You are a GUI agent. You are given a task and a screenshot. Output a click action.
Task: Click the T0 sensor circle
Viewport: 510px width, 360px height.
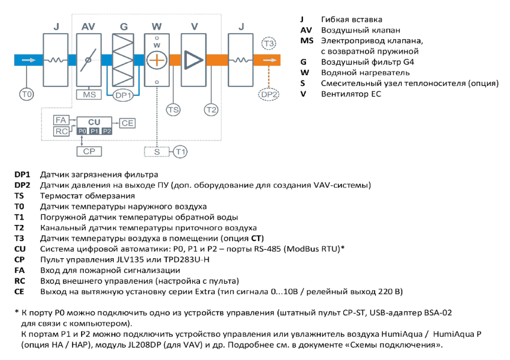(x=27, y=94)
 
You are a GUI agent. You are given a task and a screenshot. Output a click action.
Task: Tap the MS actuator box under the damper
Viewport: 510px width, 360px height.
(x=89, y=95)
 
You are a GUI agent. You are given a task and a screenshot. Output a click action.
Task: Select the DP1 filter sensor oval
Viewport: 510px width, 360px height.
(x=123, y=95)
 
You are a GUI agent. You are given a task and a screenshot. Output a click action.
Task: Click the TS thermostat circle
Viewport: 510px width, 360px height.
(x=173, y=110)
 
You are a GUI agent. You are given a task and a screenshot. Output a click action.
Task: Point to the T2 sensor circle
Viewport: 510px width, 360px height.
(x=211, y=110)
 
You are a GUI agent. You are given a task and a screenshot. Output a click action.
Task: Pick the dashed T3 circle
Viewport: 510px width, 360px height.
(x=269, y=43)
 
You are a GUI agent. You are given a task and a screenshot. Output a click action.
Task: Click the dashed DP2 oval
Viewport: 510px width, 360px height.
(x=269, y=94)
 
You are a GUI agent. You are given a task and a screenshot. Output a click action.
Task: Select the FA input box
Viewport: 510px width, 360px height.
(x=61, y=120)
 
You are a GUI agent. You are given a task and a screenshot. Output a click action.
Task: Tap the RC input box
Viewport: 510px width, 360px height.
(x=61, y=131)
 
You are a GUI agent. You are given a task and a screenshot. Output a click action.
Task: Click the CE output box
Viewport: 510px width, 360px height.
(x=127, y=123)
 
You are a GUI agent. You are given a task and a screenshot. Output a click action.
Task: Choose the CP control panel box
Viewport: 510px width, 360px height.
(x=89, y=152)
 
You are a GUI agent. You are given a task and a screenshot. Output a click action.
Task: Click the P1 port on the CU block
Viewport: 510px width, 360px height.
(x=94, y=131)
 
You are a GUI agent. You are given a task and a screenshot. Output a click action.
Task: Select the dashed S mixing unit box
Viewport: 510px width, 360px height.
(x=157, y=152)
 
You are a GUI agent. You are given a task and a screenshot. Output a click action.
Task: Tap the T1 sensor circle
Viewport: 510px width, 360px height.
(x=180, y=152)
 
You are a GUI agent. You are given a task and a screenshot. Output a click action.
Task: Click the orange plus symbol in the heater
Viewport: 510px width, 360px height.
(x=157, y=60)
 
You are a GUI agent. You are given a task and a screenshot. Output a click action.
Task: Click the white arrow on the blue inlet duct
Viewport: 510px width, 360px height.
(x=28, y=60)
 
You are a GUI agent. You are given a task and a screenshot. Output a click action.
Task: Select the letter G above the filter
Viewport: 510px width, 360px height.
(x=124, y=27)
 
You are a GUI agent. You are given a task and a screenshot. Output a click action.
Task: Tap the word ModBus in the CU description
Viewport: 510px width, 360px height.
(x=301, y=249)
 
